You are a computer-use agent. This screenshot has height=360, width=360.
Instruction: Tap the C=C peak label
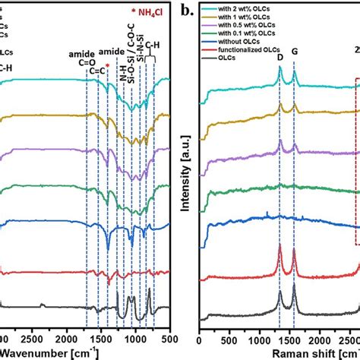pyautogui.click(x=98, y=72)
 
